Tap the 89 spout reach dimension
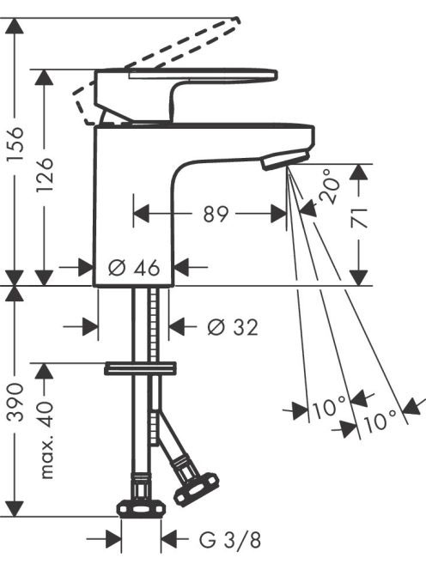click(216, 214)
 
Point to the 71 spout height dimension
click(359, 217)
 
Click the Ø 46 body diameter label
click(134, 268)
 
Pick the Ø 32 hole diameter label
click(233, 327)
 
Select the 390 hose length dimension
click(15, 402)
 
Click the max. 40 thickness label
click(45, 439)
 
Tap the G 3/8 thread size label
click(230, 540)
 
